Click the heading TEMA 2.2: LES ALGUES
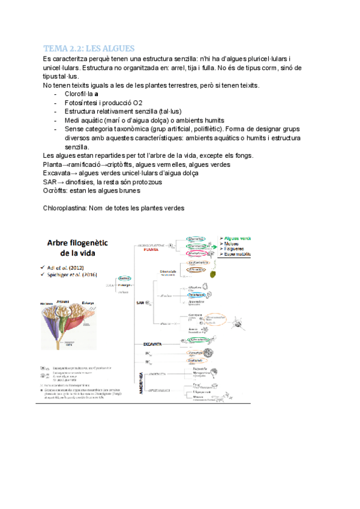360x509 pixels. pos(89,48)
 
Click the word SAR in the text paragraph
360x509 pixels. pos(50,182)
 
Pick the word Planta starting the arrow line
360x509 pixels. pos(53,164)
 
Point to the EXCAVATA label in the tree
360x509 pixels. pos(154,344)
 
